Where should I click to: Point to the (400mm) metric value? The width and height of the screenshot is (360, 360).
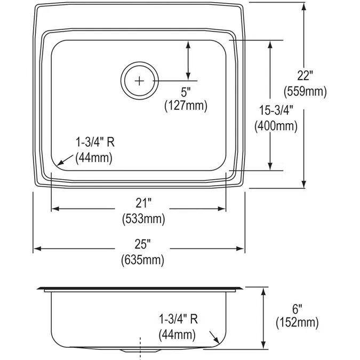(x=276, y=126)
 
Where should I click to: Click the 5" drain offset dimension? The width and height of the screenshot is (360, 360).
(x=185, y=91)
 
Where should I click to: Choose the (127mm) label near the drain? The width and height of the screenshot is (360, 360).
(x=185, y=106)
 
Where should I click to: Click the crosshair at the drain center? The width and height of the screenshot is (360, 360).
(x=140, y=81)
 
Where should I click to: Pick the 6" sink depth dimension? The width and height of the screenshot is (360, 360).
(x=297, y=308)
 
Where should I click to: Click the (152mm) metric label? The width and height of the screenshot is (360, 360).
(x=297, y=322)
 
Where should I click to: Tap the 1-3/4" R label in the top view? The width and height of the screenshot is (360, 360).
(x=94, y=143)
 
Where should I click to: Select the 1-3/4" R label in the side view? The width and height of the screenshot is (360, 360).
(x=179, y=319)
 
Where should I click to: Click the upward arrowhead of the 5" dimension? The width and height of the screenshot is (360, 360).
(x=188, y=43)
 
